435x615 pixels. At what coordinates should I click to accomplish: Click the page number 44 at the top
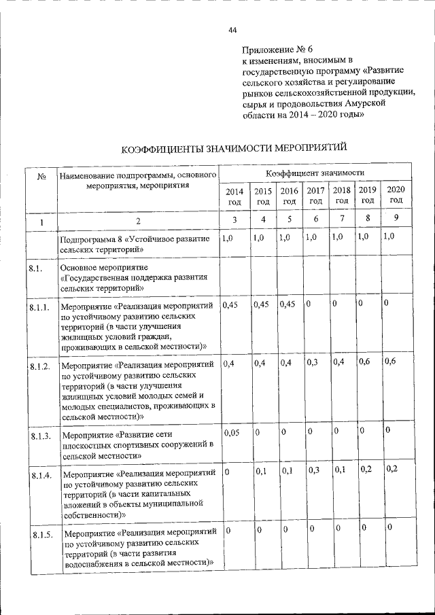[x=232, y=29]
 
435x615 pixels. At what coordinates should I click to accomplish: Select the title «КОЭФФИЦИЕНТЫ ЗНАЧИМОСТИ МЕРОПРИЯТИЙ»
[x=234, y=147]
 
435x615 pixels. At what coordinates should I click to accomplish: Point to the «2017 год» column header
[x=315, y=196]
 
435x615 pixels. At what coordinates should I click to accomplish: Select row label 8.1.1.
[x=40, y=308]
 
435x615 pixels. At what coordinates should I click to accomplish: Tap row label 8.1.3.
[x=41, y=436]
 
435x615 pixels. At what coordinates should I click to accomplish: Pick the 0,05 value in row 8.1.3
[x=232, y=432]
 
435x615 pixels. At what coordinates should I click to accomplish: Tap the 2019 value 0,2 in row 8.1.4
[x=366, y=469]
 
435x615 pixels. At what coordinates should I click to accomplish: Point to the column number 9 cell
[x=396, y=219]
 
